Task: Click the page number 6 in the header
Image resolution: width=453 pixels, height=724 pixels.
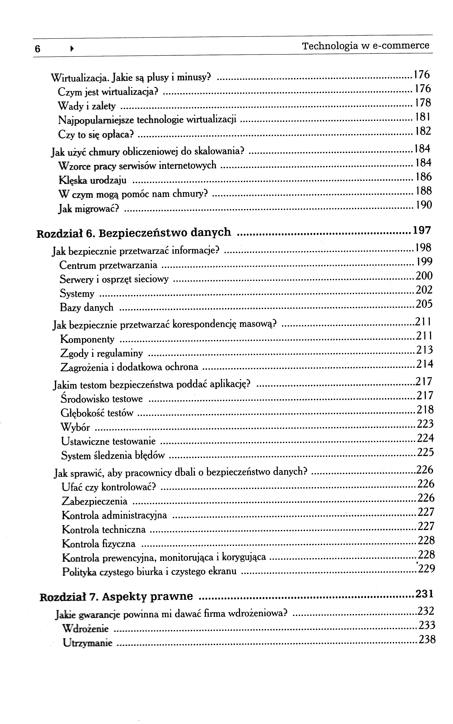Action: (37, 48)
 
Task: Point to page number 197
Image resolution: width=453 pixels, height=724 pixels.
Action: (422, 230)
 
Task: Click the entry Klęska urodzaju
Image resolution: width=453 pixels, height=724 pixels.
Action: (93, 181)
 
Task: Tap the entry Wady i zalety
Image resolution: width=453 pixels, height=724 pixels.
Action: (86, 106)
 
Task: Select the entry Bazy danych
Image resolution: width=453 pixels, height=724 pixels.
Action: (86, 307)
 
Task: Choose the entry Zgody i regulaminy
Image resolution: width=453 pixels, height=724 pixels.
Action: (102, 353)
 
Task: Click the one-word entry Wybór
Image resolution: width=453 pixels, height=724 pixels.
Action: (75, 427)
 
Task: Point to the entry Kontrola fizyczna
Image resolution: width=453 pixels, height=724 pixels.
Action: (98, 543)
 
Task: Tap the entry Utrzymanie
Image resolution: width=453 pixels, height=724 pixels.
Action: (88, 643)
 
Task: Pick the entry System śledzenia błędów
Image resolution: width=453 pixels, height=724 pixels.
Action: (113, 456)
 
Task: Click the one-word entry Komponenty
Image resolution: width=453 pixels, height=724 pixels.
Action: (87, 339)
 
